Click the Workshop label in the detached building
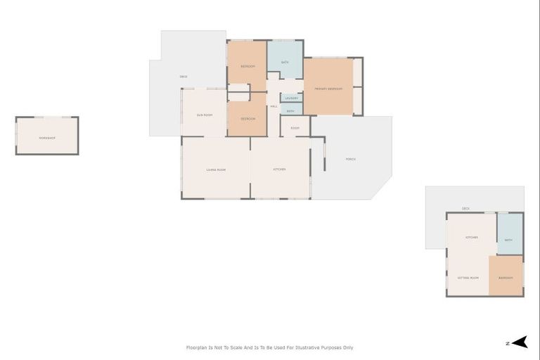(x=46, y=137)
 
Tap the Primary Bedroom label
(x=328, y=89)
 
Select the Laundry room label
(x=292, y=98)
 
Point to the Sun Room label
(x=205, y=114)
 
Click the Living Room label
(x=216, y=169)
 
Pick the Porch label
(x=350, y=159)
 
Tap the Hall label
(x=274, y=106)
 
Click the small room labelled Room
(x=295, y=128)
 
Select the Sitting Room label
(x=469, y=278)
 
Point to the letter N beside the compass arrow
(x=507, y=343)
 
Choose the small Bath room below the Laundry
(x=290, y=110)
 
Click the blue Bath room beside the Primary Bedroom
(x=285, y=62)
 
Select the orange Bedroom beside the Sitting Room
(x=506, y=278)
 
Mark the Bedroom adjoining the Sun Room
(x=247, y=119)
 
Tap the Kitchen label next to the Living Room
(x=279, y=169)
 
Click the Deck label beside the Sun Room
(x=184, y=76)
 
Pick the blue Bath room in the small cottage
(x=509, y=240)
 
